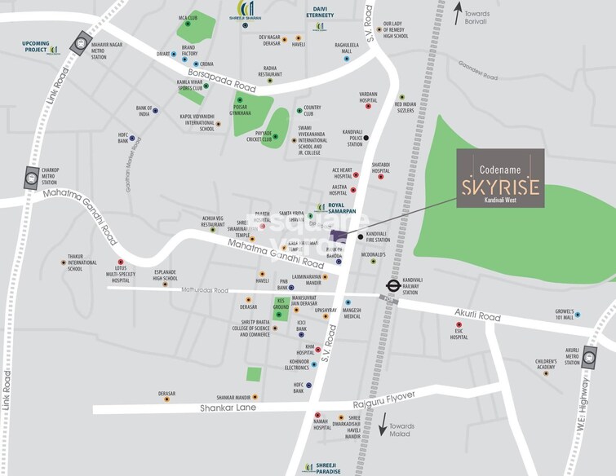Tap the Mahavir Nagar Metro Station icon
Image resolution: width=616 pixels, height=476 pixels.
coord(79,43)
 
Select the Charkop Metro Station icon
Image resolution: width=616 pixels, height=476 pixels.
coord(32,175)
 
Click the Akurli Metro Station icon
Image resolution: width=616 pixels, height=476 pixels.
coord(589,355)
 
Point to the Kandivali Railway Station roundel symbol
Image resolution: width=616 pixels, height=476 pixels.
coord(392,286)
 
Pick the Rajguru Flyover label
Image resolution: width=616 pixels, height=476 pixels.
coord(383,395)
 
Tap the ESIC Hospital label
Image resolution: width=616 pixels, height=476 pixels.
coord(459,333)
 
